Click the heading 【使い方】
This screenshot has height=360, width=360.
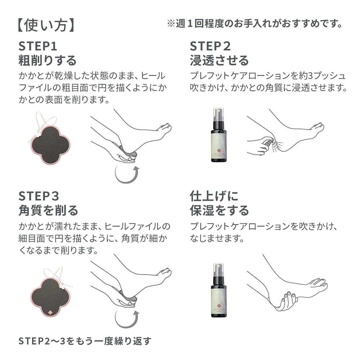tap(46, 25)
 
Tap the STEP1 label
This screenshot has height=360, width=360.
tap(38, 46)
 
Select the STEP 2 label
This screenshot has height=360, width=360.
tap(210, 46)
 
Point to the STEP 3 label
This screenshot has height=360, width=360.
tap(39, 196)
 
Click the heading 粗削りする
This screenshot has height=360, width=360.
tap(47, 60)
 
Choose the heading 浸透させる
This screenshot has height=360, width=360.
tap(219, 60)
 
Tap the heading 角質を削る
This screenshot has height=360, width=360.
tap(48, 211)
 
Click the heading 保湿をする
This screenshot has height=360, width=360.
tap(219, 211)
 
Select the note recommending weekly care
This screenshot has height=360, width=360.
tap(255, 24)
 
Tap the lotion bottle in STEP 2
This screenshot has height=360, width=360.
tap(219, 135)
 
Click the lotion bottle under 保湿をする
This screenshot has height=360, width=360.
tap(219, 290)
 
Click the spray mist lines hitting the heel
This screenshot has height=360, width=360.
tap(276, 146)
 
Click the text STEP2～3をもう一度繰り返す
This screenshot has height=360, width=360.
tap(85, 341)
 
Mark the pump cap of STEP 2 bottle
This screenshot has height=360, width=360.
tap(218, 115)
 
